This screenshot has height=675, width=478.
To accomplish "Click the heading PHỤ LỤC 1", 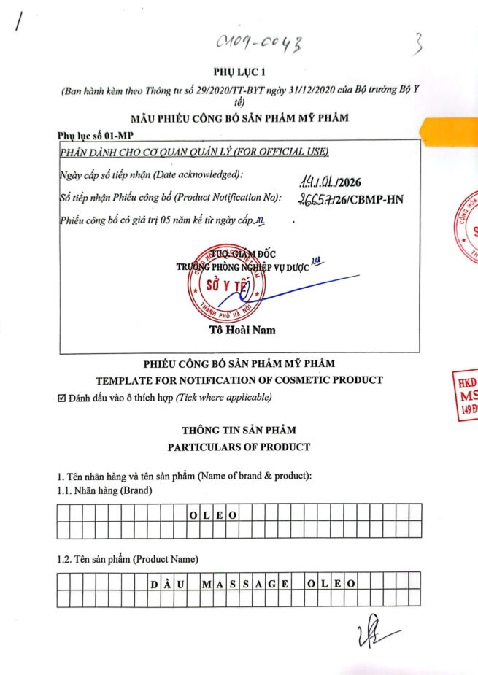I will point(239,72).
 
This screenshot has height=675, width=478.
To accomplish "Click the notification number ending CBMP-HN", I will point(351,199).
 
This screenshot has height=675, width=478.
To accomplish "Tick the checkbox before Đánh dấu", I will point(61,398).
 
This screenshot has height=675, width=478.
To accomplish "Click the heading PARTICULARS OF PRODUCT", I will point(239,447).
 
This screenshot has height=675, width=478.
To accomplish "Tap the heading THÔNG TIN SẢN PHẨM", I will point(239,431).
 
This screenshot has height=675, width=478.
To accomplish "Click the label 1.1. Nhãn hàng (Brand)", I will point(104,491).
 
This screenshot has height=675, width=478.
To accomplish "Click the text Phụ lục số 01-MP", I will point(95,136).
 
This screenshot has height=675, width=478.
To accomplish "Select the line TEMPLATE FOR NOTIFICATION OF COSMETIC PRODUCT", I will point(239,379).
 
